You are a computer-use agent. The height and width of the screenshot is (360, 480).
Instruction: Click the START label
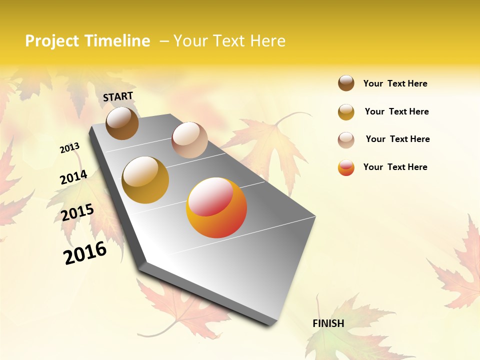click(118, 96)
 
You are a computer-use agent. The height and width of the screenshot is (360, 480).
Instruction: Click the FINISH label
click(328, 323)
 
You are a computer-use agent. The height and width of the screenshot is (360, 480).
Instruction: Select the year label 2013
click(69, 148)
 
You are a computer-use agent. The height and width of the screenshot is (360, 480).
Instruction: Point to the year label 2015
click(77, 212)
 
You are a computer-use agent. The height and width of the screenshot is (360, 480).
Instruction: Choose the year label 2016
click(85, 253)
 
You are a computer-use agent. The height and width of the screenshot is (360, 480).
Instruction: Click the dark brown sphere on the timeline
click(122, 123)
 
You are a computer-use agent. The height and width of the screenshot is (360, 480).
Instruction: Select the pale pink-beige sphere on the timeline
click(189, 140)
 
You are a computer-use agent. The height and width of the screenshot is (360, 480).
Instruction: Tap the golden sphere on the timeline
click(145, 179)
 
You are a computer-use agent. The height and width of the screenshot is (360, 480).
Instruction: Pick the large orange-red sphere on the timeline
click(216, 207)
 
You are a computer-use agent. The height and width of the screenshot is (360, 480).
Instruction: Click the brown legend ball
click(346, 83)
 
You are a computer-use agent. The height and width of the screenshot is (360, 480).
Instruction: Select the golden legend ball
click(346, 111)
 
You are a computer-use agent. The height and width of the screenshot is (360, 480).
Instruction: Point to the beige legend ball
click(346, 139)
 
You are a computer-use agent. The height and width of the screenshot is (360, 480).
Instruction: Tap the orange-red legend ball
click(346, 167)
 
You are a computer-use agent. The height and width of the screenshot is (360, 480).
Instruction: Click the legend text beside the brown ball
click(395, 83)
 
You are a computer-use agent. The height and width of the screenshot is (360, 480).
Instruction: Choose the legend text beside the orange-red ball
click(395, 167)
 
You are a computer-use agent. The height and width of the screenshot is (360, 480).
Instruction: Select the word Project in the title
click(52, 41)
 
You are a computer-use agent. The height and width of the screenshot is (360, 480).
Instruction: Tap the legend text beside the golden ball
click(396, 111)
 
